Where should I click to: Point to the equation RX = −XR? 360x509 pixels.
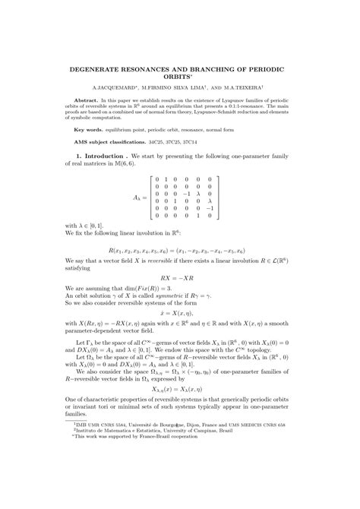click(179, 277)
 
